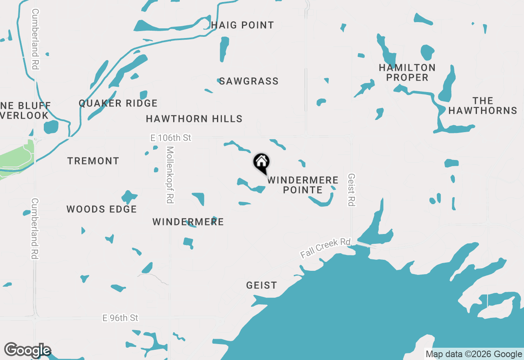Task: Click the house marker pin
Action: pyautogui.click(x=261, y=163)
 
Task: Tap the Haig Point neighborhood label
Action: pyautogui.click(x=243, y=25)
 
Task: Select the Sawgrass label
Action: pyautogui.click(x=249, y=81)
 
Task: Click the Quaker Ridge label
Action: pyautogui.click(x=118, y=103)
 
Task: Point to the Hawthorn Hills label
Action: pyautogui.click(x=194, y=119)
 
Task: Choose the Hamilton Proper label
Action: pyautogui.click(x=407, y=72)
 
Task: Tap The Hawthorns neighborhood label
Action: pyautogui.click(x=483, y=106)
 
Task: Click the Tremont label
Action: pyautogui.click(x=93, y=161)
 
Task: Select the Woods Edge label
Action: pyautogui.click(x=102, y=209)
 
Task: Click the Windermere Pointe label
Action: pyautogui.click(x=303, y=185)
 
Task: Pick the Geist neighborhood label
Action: pyautogui.click(x=262, y=285)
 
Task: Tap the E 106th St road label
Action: pyautogui.click(x=171, y=138)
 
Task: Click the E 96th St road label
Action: pyautogui.click(x=120, y=318)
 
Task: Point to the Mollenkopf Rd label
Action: pyautogui.click(x=170, y=175)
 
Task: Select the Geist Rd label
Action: pyautogui.click(x=351, y=189)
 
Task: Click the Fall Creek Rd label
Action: pyautogui.click(x=325, y=248)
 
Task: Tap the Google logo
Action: pyautogui.click(x=27, y=351)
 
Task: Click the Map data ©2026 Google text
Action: pyautogui.click(x=474, y=354)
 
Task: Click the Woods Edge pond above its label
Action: pyautogui.click(x=129, y=197)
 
